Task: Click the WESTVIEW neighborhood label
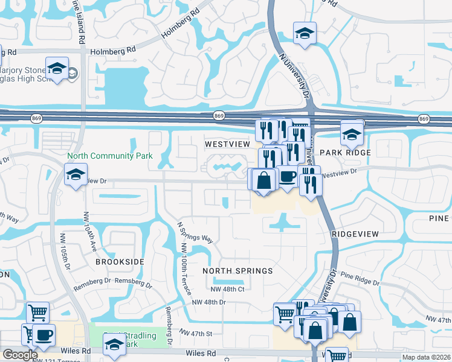coord(227,145)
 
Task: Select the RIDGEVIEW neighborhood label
coord(355,233)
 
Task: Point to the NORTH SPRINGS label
coord(237,271)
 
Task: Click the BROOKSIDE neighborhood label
coord(120,262)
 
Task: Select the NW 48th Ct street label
coord(227,288)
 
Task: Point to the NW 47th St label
coord(197,332)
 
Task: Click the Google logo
coord(19,355)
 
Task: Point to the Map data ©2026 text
coord(425,357)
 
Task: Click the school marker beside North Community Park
coord(76,174)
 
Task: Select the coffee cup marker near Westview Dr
coord(287,176)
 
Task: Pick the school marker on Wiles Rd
coord(114,345)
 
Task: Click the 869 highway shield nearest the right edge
coord(424,119)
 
